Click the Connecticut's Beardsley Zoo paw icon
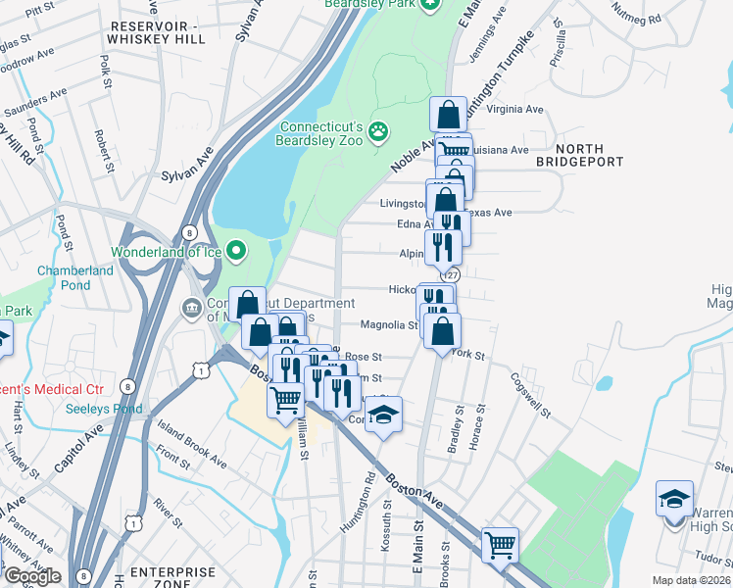tap(378, 131)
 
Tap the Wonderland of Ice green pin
tap(236, 252)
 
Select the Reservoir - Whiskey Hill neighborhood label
tap(158, 32)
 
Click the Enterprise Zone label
tap(173, 578)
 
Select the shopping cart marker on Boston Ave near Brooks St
tap(500, 543)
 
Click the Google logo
tap(31, 577)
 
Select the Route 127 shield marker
tap(452, 275)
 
